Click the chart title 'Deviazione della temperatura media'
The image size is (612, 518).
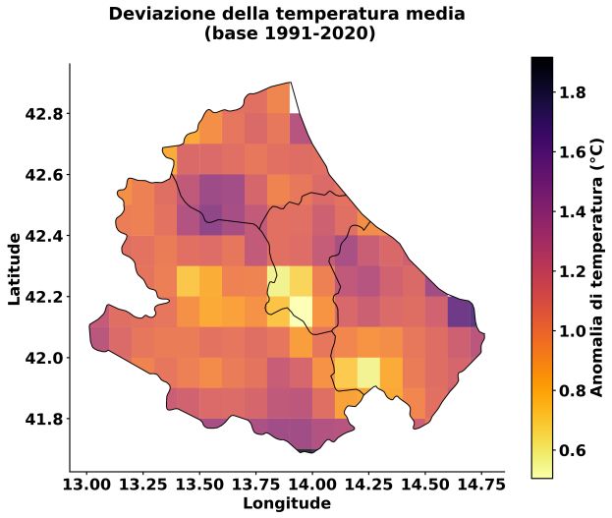(287, 14)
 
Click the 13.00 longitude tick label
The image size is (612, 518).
(87, 486)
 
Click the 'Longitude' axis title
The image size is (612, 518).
(286, 504)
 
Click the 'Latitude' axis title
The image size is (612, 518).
(15, 267)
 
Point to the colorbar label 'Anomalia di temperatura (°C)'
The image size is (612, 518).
(595, 267)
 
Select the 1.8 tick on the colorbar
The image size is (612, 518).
(574, 92)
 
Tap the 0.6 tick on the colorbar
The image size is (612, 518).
(574, 450)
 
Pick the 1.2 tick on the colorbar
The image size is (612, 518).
(574, 271)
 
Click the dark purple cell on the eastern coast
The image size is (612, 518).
(460, 312)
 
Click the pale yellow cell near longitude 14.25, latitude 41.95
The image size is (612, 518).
(367, 372)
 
